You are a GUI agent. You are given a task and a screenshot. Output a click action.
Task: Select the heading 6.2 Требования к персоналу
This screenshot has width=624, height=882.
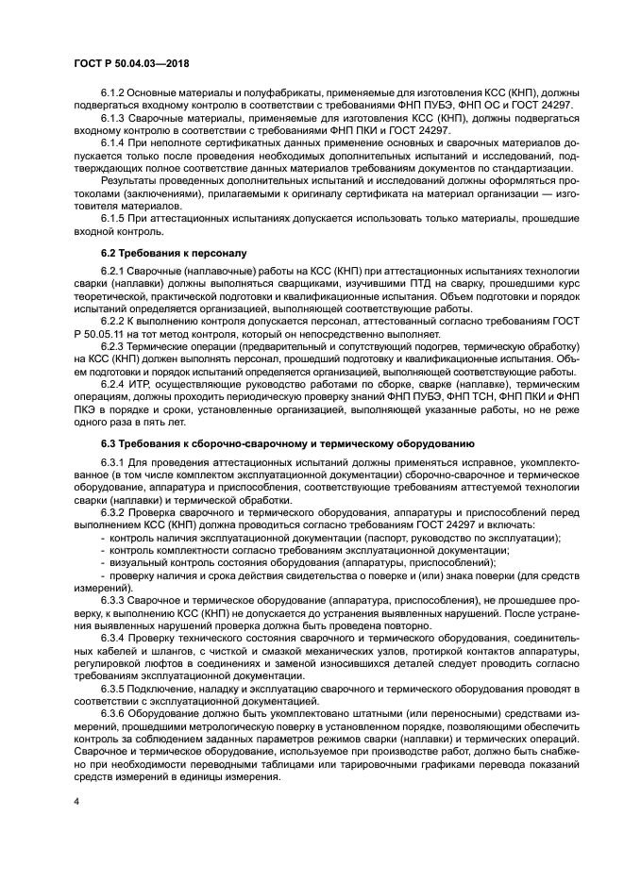[159, 254]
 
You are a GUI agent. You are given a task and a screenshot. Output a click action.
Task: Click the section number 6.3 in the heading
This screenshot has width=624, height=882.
[110, 442]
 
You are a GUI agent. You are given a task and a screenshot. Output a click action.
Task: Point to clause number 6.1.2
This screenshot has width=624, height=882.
[115, 94]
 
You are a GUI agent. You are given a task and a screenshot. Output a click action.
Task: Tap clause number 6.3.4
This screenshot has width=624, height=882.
[115, 637]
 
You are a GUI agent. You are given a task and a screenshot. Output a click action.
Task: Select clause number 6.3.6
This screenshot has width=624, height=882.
[115, 712]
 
